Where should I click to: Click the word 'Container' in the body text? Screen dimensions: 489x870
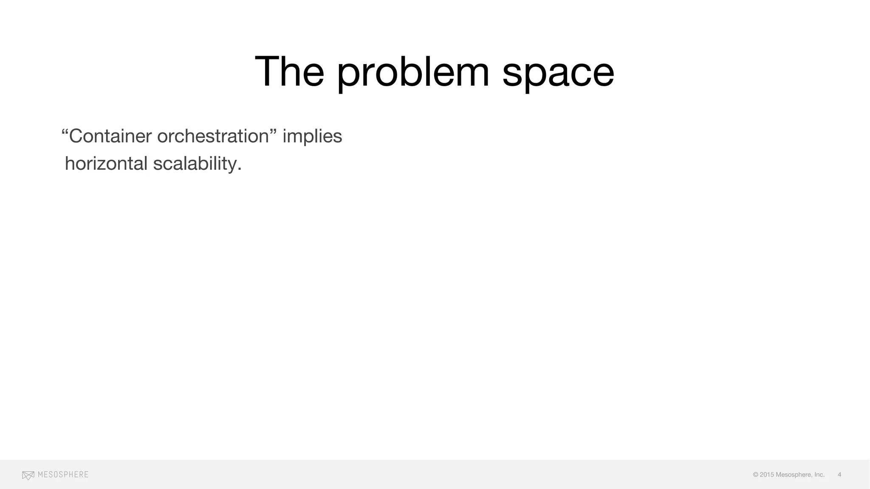(x=110, y=136)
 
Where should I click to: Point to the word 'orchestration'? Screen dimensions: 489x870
(x=213, y=136)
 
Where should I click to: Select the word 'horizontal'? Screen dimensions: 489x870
(x=106, y=164)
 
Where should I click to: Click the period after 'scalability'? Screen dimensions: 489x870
(x=240, y=169)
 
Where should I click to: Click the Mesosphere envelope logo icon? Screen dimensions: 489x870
(x=28, y=475)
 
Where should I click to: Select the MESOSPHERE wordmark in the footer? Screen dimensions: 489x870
(x=63, y=475)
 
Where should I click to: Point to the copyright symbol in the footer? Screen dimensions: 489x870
(x=756, y=475)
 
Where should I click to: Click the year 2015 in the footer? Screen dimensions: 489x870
(x=767, y=475)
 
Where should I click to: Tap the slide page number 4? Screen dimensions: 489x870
(x=839, y=475)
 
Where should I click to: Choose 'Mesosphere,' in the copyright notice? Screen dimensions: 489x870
(x=794, y=475)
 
